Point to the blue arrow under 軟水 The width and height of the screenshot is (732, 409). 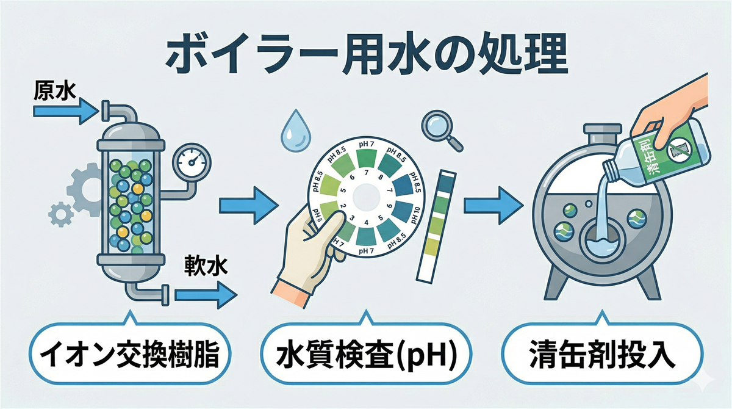(x=205, y=295)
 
